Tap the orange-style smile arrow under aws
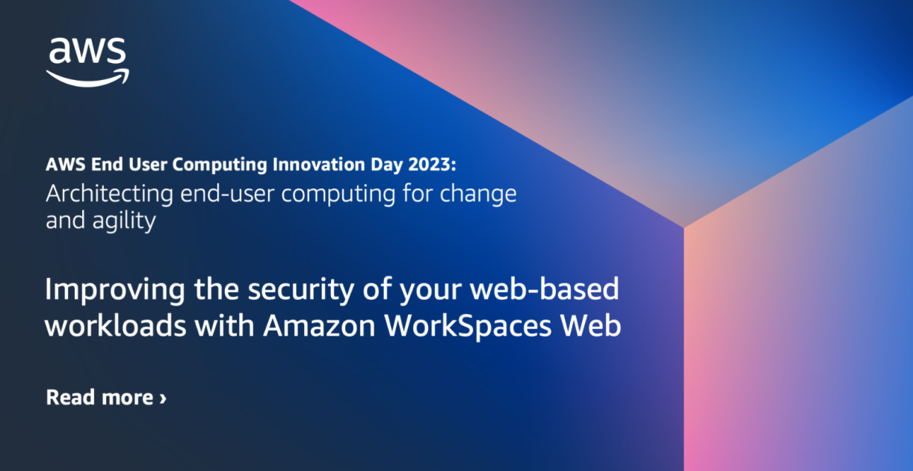click(x=87, y=77)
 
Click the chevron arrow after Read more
click(x=163, y=398)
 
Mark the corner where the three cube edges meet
click(x=683, y=227)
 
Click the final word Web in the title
click(x=594, y=327)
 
